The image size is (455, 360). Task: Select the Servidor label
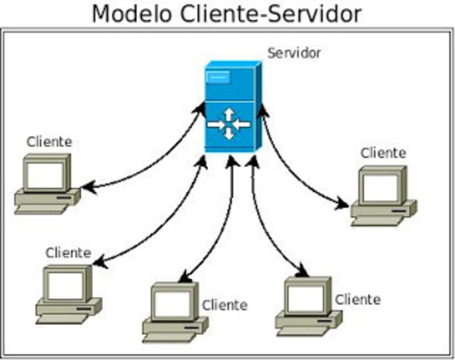point(294,53)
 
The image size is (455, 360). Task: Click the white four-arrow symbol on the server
point(228,124)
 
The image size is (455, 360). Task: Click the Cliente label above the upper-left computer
point(49,141)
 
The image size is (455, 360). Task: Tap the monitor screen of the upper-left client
point(45,174)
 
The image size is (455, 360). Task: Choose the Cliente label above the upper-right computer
point(383,153)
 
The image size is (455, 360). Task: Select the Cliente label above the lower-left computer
point(68,253)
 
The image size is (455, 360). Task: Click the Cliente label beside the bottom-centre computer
point(224,304)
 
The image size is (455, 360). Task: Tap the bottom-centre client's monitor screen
point(172,304)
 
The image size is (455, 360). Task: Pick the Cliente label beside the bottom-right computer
point(358,299)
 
